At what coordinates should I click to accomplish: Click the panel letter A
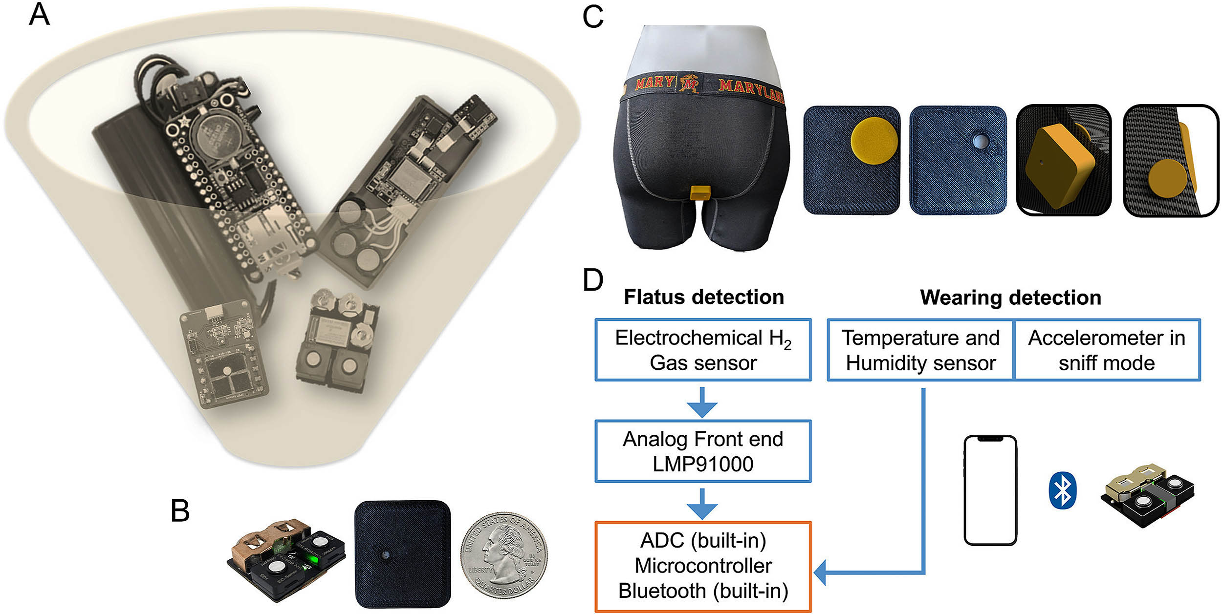[x=39, y=15]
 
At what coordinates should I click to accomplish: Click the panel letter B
[x=180, y=511]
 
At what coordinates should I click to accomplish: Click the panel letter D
[x=593, y=280]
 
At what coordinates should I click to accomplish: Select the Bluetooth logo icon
[x=1062, y=490]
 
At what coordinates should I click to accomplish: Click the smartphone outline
[x=990, y=490]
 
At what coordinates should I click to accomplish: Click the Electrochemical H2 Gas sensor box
[x=702, y=350]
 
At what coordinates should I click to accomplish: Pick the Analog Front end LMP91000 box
[x=702, y=451]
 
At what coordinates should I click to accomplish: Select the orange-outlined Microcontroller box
[x=702, y=566]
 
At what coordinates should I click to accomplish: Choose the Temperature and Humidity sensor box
[x=920, y=350]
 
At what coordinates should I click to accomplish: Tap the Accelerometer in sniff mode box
[x=1107, y=350]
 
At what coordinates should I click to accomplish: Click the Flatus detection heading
[x=704, y=297]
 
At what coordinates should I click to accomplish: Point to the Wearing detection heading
[x=1010, y=297]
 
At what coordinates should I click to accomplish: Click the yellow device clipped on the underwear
[x=700, y=193]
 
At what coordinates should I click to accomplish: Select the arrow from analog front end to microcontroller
[x=702, y=503]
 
